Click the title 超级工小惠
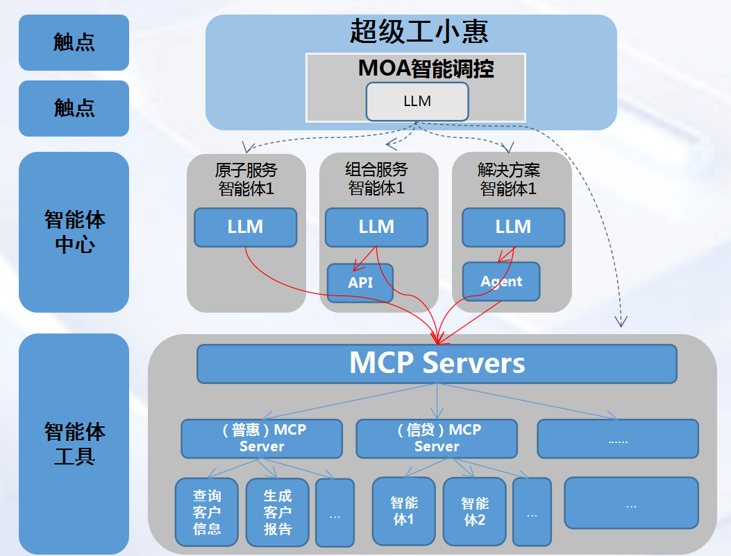tap(419, 32)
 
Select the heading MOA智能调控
tap(426, 69)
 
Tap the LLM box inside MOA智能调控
tap(417, 101)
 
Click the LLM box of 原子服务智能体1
tap(245, 227)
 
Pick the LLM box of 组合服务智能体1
tap(376, 227)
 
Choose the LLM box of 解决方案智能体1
tap(513, 227)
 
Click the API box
tap(360, 283)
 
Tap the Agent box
tap(501, 281)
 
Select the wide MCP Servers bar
tap(437, 364)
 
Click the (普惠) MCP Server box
tap(262, 438)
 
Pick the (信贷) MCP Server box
tap(437, 438)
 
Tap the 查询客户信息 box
tap(207, 512)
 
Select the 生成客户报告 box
tap(277, 512)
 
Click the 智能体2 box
tap(475, 511)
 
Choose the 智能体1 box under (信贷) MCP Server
tap(404, 511)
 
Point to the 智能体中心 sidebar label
tap(74, 232)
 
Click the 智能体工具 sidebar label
tap(74, 444)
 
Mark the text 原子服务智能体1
tap(246, 179)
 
